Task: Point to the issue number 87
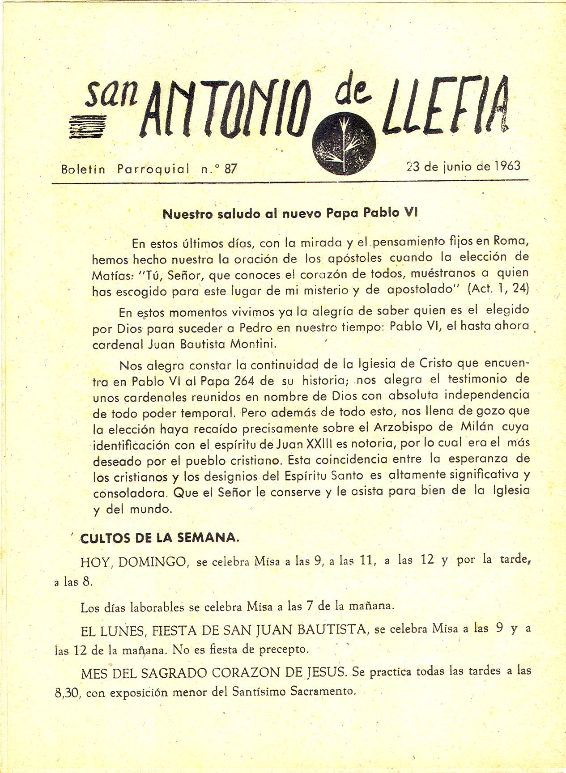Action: [230, 169]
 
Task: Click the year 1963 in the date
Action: [507, 166]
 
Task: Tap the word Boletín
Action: [83, 170]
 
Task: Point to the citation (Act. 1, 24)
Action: [498, 289]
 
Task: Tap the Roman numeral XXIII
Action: [323, 444]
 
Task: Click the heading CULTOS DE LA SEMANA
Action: [159, 538]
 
